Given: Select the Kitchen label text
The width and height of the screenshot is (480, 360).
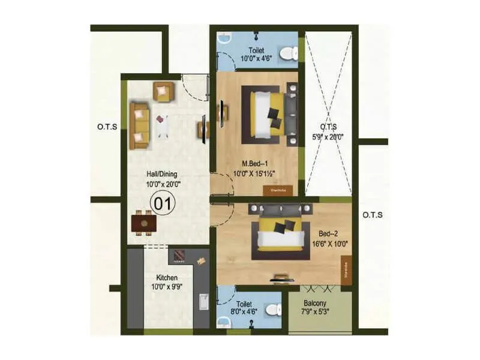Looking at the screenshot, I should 167,283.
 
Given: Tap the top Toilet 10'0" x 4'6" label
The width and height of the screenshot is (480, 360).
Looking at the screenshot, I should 257,54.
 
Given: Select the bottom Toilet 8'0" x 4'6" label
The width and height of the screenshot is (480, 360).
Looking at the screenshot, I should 247,308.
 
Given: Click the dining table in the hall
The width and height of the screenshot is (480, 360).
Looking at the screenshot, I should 144,224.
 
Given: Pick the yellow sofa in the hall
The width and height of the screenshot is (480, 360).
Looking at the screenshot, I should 139,125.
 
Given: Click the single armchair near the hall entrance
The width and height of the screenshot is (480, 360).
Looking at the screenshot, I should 163,91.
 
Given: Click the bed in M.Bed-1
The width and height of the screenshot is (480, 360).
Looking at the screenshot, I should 266,115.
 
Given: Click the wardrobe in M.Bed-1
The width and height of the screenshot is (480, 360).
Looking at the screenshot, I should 278,190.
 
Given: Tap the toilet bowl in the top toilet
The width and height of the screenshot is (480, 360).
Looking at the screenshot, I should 289,55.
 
